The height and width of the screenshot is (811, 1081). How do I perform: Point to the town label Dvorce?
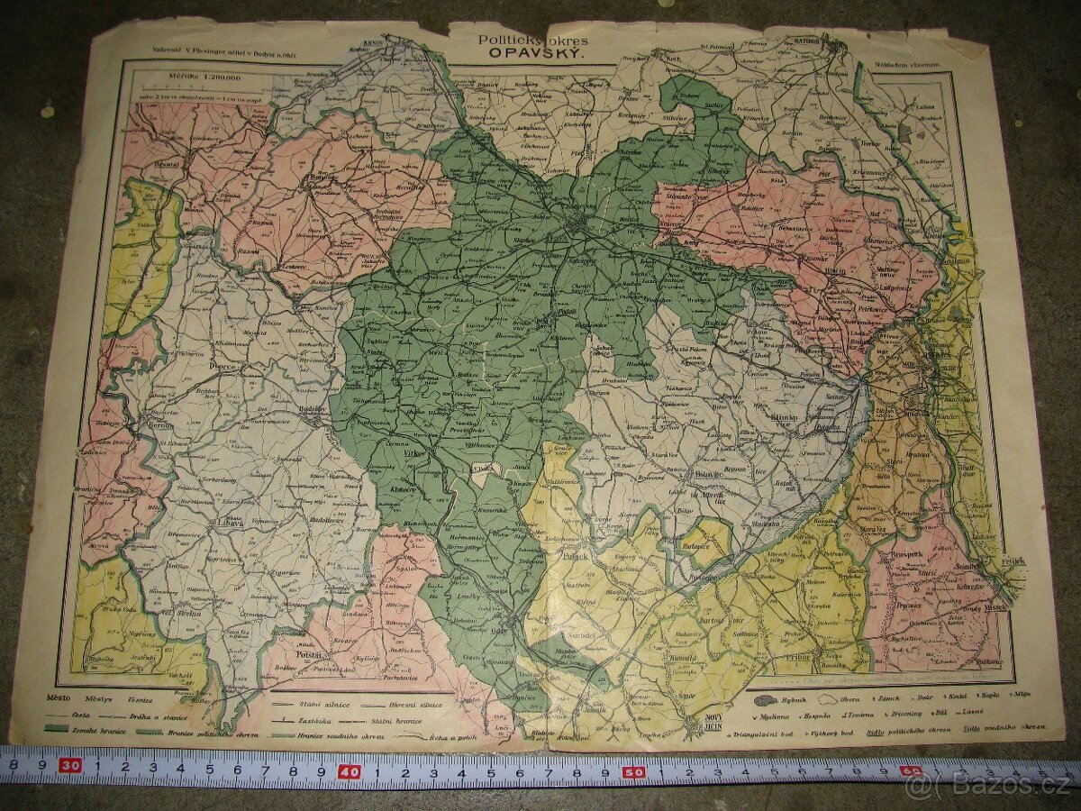[221, 367]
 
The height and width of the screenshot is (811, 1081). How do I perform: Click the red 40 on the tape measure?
[350, 772]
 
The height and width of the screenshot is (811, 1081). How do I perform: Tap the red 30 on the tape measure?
[70, 766]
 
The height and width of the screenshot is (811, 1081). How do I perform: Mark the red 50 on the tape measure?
[633, 772]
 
